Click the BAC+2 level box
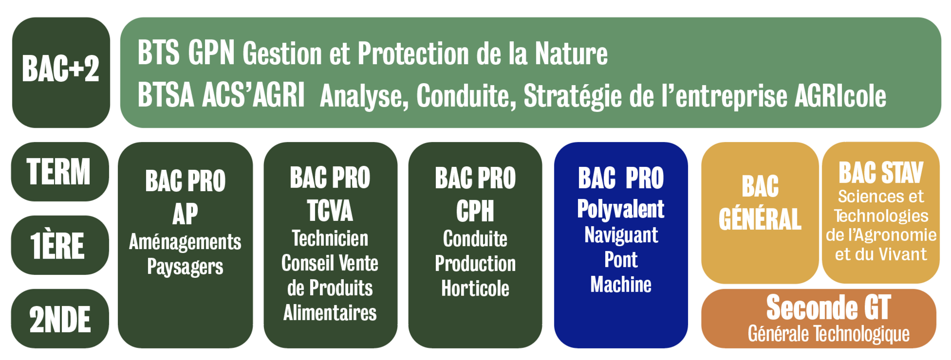[x=61, y=72]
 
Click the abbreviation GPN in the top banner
[x=211, y=52]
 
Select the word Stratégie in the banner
[x=573, y=97]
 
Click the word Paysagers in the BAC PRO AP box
[x=185, y=267]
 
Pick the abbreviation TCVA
[x=330, y=210]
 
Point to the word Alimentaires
[x=330, y=313]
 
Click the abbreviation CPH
[x=475, y=211]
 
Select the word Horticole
[x=475, y=288]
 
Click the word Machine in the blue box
[x=621, y=284]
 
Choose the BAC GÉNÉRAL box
[x=760, y=213]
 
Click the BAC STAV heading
[x=881, y=172]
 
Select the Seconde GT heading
[x=828, y=308]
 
